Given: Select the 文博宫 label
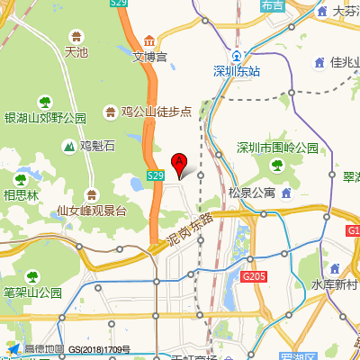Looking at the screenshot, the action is click(149, 56).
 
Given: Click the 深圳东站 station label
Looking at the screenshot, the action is click(237, 71).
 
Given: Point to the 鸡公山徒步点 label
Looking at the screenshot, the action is click(157, 112).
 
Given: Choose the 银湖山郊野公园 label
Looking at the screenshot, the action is click(45, 118).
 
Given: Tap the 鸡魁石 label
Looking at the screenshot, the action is click(97, 145).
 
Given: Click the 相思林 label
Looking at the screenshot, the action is click(21, 194).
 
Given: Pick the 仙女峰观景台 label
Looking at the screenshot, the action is click(91, 211).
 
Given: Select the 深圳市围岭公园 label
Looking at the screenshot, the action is click(277, 148).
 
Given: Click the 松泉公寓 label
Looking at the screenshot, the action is click(252, 193).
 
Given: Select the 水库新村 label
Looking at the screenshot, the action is click(334, 285).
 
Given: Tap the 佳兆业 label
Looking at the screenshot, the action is click(345, 63).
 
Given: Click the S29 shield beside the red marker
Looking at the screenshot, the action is click(155, 175).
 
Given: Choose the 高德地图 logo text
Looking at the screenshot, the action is click(43, 349).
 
